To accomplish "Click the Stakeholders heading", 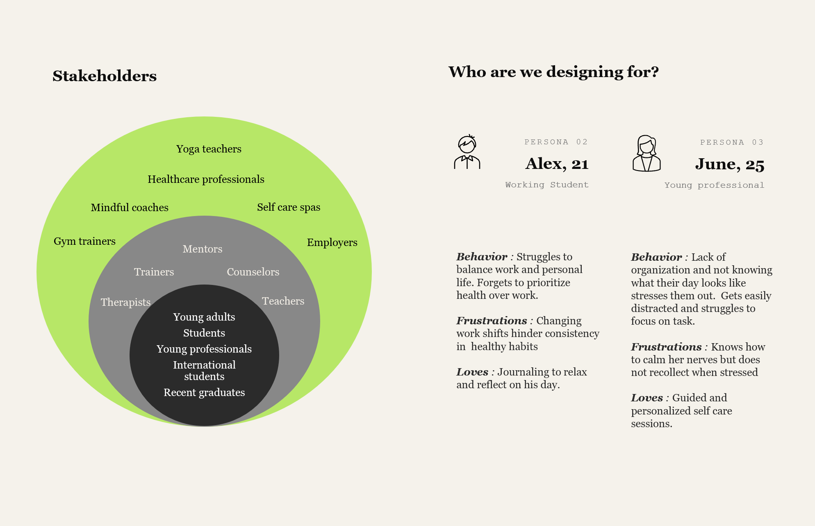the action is point(105,76).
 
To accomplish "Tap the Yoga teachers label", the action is point(209,149).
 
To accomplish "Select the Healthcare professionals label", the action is point(206,179).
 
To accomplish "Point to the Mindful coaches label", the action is point(130,207).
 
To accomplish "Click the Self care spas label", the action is point(289,207).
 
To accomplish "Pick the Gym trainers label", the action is point(84,241).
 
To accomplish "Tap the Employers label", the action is point(332,242).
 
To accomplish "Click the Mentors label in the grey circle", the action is point(203,249).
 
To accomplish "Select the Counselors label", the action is point(253,272).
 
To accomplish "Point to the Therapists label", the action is point(126,302).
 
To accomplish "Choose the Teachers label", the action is point(283,301).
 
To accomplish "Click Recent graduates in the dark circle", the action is point(204,392).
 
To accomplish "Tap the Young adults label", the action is point(204,317).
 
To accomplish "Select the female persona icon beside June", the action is point(647,153).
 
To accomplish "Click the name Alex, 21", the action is point(557,164).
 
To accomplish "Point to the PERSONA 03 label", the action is point(732,142).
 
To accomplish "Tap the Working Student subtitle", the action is point(547,185).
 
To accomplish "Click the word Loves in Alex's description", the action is point(472,372).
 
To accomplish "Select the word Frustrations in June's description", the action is point(666,347).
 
